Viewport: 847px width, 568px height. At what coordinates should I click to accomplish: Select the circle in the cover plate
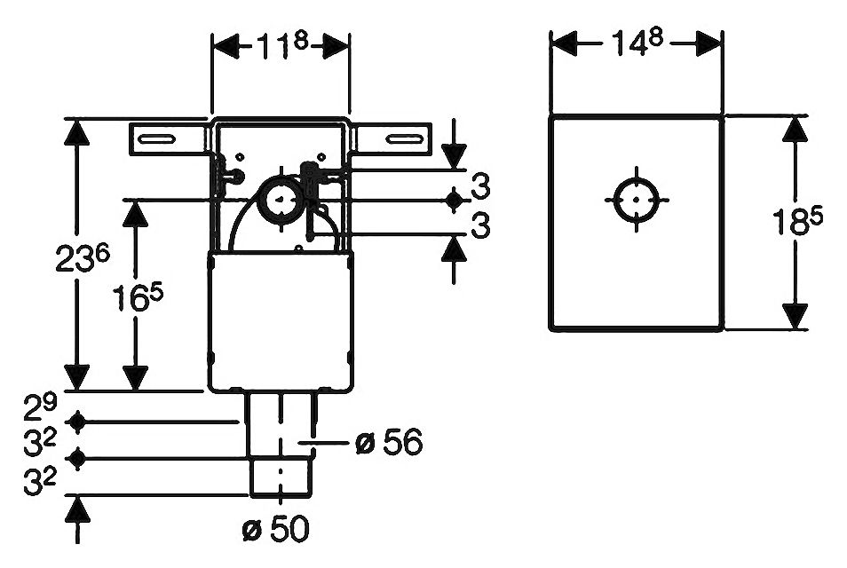click(x=637, y=201)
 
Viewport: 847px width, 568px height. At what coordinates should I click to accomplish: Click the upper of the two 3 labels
click(x=480, y=189)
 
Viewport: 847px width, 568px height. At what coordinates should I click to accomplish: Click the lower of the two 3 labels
click(x=480, y=226)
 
